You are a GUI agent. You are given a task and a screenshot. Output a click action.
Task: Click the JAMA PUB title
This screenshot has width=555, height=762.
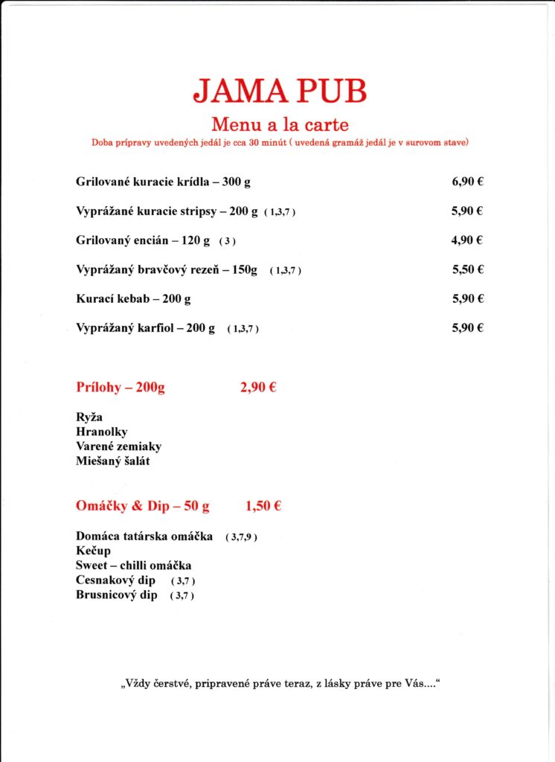pyautogui.click(x=280, y=92)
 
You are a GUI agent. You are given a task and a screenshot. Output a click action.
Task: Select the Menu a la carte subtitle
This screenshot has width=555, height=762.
pyautogui.click(x=280, y=124)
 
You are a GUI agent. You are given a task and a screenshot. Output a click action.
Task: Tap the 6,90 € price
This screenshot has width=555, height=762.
pyautogui.click(x=468, y=182)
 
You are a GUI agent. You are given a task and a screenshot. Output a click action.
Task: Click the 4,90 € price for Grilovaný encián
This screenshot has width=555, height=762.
pyautogui.click(x=468, y=240)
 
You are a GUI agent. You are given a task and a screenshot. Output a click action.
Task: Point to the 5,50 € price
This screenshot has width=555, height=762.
pyautogui.click(x=468, y=269)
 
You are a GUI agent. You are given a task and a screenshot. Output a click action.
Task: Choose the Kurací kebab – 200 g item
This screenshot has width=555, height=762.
pyautogui.click(x=133, y=298)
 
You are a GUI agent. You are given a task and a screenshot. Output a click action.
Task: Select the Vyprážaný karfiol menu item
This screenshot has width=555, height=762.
pyautogui.click(x=145, y=327)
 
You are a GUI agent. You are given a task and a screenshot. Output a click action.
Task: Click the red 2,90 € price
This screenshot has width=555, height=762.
pyautogui.click(x=258, y=387)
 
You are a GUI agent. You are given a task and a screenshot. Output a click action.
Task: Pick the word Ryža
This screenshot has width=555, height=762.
pyautogui.click(x=89, y=418)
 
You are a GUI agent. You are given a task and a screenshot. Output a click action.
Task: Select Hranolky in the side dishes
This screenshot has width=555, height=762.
pyautogui.click(x=101, y=432)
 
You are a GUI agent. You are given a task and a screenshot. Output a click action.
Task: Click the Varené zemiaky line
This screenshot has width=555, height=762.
pyautogui.click(x=118, y=446)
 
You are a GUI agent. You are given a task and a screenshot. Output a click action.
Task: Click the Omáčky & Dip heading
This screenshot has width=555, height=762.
pyautogui.click(x=142, y=506)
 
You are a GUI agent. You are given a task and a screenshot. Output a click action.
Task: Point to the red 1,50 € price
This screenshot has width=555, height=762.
pyautogui.click(x=263, y=506)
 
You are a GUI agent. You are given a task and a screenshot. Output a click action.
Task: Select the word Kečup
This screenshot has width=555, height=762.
pyautogui.click(x=93, y=551)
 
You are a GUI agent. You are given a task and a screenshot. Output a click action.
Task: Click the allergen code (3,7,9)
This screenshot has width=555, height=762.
pyautogui.click(x=241, y=537)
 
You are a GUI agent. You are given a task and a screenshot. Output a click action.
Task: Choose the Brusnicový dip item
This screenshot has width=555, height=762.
pyautogui.click(x=117, y=595)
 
